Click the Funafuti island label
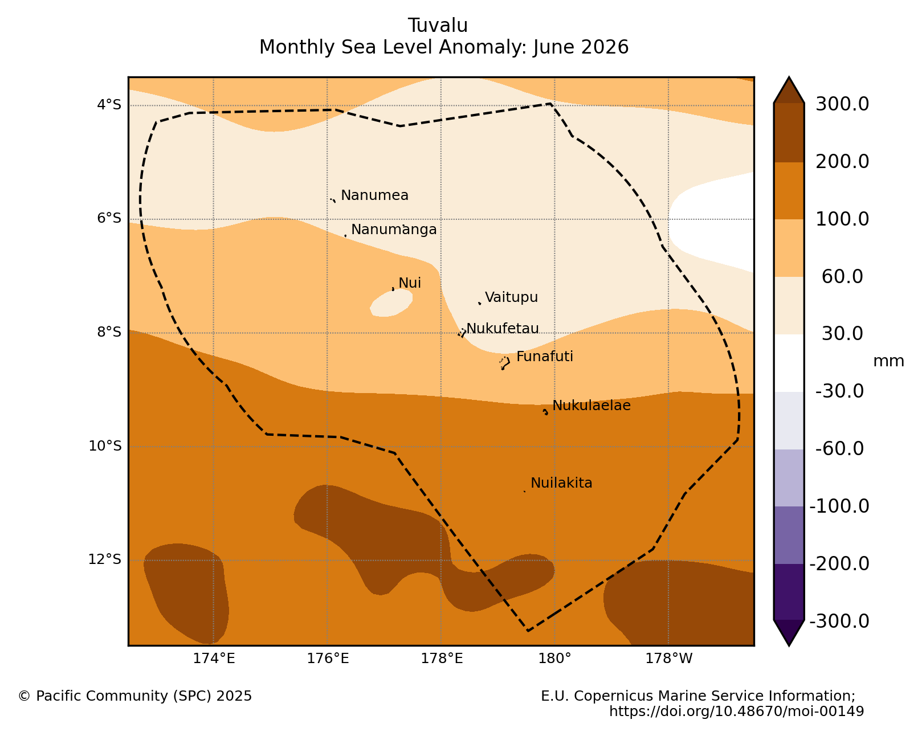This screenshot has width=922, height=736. point(544,357)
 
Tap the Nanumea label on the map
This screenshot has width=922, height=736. point(374,195)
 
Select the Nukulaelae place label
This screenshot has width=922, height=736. point(591,405)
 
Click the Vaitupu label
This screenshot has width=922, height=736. point(511,297)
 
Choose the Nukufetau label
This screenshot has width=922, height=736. point(502,329)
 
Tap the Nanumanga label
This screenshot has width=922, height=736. point(394,230)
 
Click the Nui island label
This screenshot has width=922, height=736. point(410,283)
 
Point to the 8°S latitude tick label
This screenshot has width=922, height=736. point(109,332)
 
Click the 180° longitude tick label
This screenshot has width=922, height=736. point(554,659)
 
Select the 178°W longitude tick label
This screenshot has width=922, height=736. point(668,659)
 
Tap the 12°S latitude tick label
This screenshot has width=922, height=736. point(105,559)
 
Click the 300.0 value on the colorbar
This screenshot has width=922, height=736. point(842,104)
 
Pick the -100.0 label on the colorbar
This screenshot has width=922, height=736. point(839,506)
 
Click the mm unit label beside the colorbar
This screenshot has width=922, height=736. point(888,361)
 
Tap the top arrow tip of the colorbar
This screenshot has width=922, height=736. point(789,77)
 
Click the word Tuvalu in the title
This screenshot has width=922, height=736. point(438,26)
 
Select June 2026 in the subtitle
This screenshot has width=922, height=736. point(581,47)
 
